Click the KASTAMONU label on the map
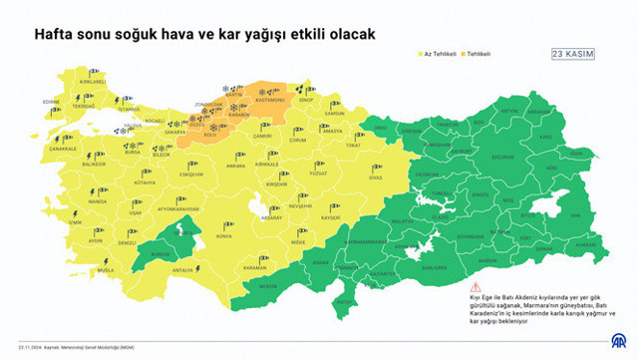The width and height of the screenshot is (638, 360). (269, 101)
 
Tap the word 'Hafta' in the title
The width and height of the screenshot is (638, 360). (55, 33)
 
